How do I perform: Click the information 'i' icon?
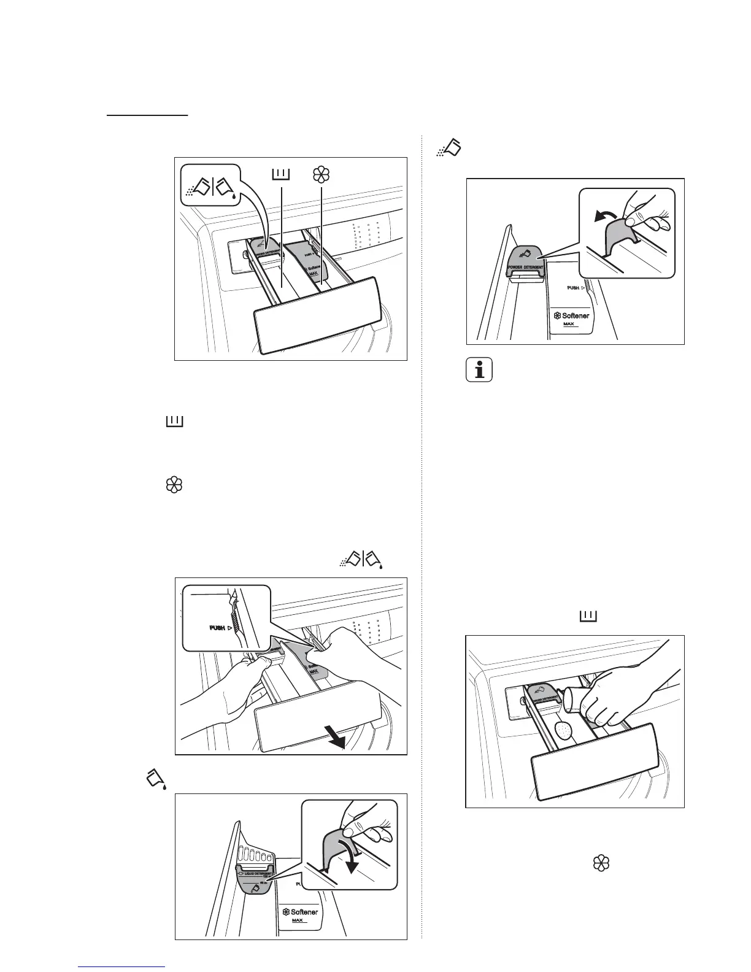coord(479,371)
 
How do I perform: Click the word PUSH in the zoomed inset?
coord(217,628)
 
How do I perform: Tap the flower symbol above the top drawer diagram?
coord(321,175)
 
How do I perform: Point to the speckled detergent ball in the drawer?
coord(563,731)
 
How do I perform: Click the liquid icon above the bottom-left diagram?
coord(156,779)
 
